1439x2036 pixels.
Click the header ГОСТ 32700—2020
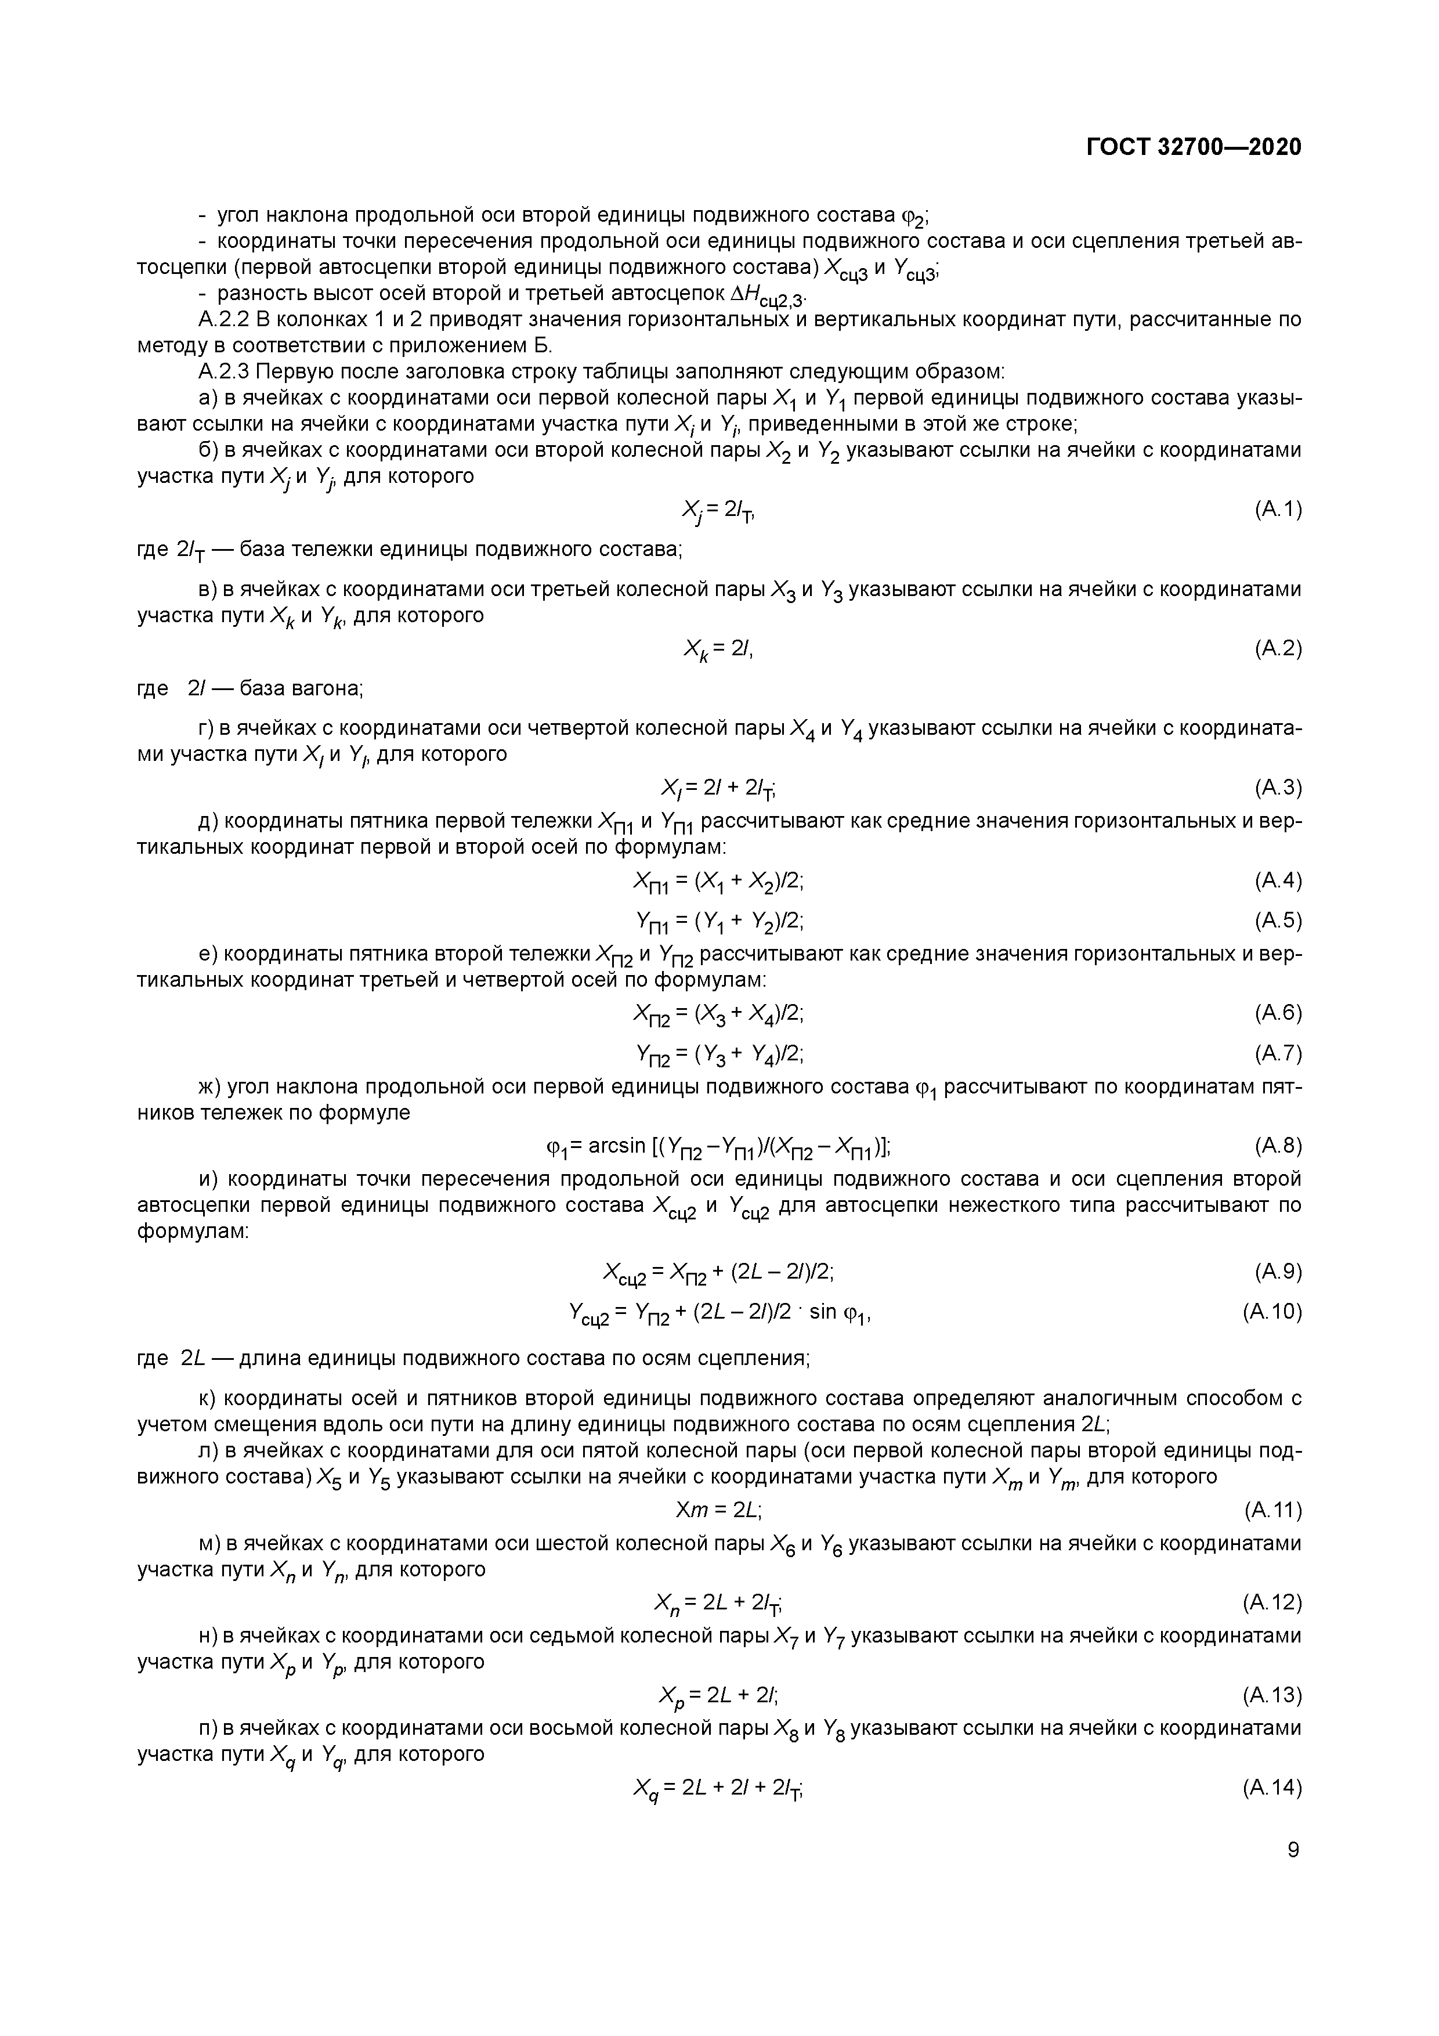point(1194,147)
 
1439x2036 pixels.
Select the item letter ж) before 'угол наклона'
point(210,1086)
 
